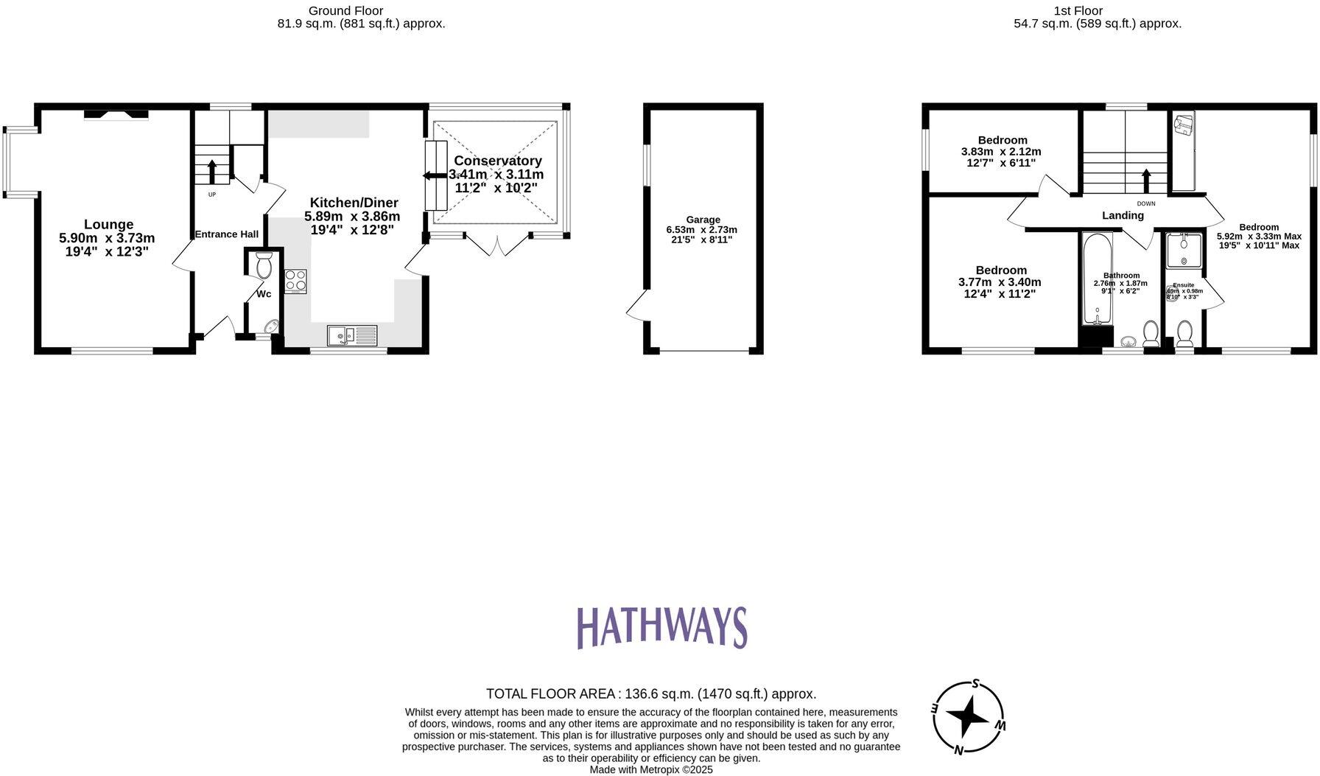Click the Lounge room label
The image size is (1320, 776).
click(108, 225)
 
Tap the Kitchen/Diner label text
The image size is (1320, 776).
click(354, 203)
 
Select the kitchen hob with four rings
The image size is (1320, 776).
click(295, 282)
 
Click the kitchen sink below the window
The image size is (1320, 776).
click(352, 335)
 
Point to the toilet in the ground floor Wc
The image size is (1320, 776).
click(264, 265)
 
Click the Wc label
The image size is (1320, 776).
click(264, 294)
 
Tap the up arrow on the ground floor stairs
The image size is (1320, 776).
click(212, 172)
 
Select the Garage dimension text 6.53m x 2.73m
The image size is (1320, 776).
click(703, 230)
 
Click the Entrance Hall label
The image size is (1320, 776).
click(226, 234)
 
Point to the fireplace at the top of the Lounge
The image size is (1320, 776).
click(116, 113)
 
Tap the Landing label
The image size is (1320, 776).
click(1123, 215)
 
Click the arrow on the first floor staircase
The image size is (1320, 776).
click(1145, 181)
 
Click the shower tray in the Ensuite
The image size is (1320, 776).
click(1183, 251)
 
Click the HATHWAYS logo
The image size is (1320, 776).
click(661, 627)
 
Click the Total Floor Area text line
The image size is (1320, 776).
click(651, 693)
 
